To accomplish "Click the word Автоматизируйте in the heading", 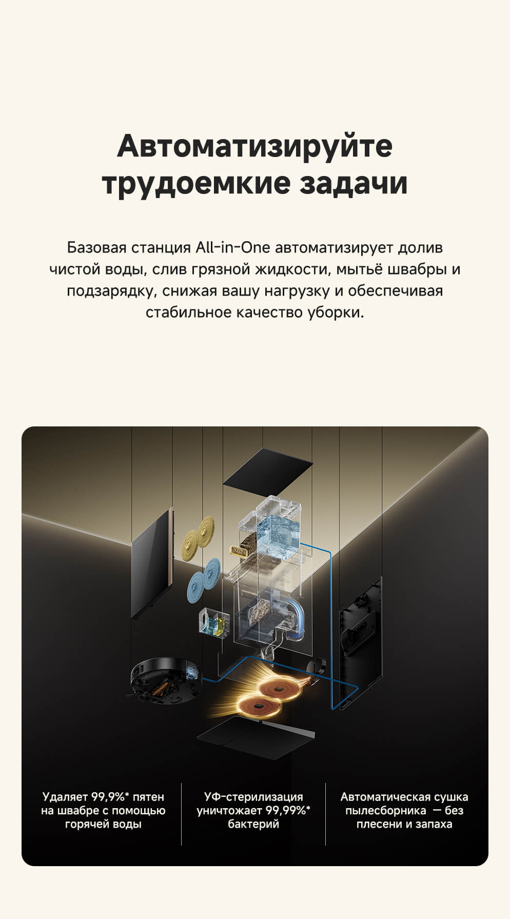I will [x=254, y=146].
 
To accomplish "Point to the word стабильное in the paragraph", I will [x=188, y=312].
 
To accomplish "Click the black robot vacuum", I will [x=164, y=680].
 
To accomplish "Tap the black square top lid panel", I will [x=268, y=465].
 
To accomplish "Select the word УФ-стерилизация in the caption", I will [x=253, y=797].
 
